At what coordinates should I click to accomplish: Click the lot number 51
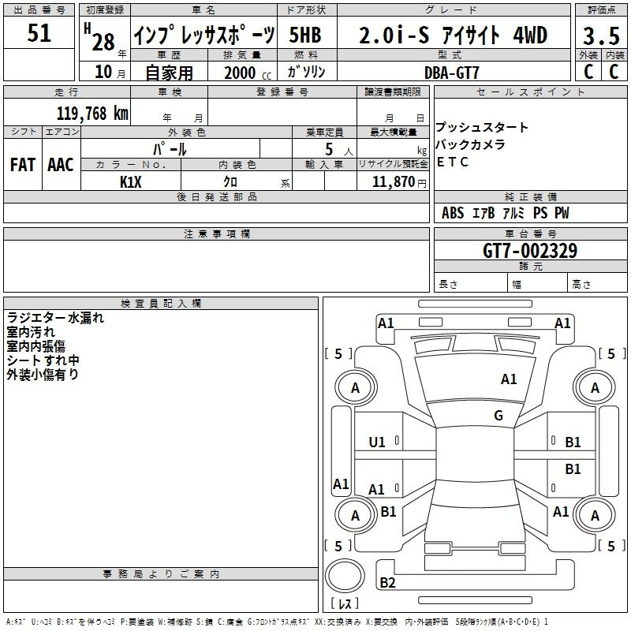(39, 34)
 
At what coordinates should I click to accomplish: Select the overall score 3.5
(600, 35)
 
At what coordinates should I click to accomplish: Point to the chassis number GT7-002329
(530, 251)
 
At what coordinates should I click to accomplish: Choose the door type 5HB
(305, 35)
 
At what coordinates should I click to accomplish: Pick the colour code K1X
(131, 181)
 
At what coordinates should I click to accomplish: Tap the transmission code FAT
(22, 165)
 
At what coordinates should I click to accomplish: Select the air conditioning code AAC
(61, 165)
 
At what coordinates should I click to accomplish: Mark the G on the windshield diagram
(498, 416)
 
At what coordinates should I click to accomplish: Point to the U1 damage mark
(377, 442)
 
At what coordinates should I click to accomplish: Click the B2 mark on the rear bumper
(387, 583)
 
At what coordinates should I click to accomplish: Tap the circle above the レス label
(345, 576)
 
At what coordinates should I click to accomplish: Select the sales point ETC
(453, 162)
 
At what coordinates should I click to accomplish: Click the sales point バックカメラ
(471, 145)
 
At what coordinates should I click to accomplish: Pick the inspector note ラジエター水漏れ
(55, 319)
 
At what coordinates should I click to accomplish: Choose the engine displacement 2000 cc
(241, 72)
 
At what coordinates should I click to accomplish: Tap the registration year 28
(103, 40)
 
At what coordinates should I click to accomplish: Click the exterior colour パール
(170, 148)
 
